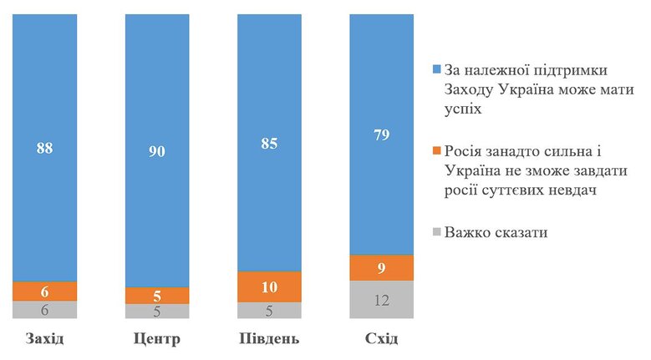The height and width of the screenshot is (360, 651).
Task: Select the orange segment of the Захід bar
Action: click(44, 291)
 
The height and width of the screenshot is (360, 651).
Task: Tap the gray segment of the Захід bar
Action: click(44, 309)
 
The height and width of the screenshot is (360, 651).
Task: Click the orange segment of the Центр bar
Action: click(156, 296)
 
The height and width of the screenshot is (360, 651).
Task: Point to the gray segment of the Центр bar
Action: click(156, 311)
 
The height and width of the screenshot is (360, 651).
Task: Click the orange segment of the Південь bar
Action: click(269, 286)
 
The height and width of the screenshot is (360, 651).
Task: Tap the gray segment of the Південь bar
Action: click(269, 311)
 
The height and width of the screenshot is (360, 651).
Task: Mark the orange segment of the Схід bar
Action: click(382, 268)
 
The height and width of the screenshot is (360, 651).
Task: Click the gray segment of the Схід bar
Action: click(382, 299)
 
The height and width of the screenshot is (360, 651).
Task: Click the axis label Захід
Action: click(45, 340)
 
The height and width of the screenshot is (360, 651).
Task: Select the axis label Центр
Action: click(156, 340)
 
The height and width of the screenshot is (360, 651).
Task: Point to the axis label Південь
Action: click(269, 340)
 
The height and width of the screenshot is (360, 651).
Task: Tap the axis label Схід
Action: click(382, 340)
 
